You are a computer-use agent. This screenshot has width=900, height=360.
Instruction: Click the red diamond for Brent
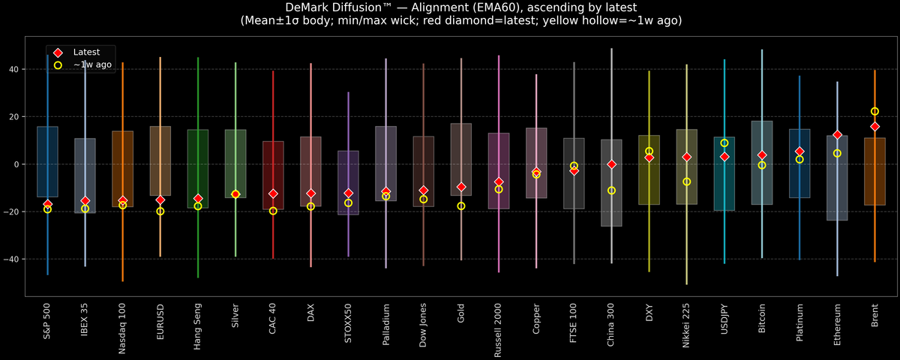pos(874,127)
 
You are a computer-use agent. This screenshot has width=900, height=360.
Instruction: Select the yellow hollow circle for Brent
pos(874,112)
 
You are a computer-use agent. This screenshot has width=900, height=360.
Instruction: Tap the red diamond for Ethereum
pos(837,135)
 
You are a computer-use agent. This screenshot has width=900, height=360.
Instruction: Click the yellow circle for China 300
pos(611,190)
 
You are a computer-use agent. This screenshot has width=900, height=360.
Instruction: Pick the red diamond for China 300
pos(611,164)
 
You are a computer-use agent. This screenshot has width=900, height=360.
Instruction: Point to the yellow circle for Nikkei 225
pos(686,181)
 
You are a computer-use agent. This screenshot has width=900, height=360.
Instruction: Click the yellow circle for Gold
pos(461,206)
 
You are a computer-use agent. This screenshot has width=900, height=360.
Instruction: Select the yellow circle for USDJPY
pos(724,143)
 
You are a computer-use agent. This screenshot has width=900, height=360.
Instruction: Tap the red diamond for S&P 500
pos(48,204)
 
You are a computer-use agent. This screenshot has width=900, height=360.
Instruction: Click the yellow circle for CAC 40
pos(273,211)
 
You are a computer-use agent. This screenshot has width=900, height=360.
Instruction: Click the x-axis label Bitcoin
pos(762,321)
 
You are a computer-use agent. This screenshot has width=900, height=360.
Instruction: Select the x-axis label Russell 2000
pos(499,330)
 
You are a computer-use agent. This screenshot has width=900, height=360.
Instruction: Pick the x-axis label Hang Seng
pos(198,324)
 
